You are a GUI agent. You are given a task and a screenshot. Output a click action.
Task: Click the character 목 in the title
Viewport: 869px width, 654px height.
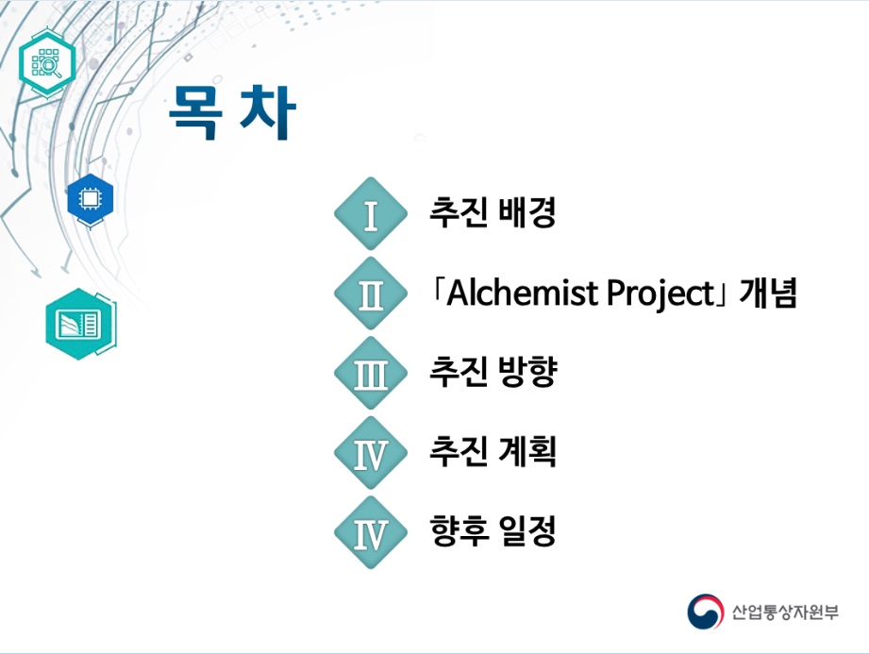click(195, 112)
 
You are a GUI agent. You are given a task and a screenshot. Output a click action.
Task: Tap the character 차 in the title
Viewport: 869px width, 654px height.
click(268, 112)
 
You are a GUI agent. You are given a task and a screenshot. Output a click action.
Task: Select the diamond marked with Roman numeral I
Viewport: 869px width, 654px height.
click(371, 213)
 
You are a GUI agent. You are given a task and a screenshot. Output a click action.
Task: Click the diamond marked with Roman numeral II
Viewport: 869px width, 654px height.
click(371, 293)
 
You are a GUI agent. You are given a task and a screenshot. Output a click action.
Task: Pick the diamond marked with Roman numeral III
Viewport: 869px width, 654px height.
click(371, 373)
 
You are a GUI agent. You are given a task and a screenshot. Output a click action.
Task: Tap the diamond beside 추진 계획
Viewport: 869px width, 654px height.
click(371, 453)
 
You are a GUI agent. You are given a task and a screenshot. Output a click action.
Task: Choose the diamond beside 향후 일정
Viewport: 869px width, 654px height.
click(371, 532)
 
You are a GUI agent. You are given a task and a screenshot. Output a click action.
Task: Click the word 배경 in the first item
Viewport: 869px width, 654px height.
click(527, 212)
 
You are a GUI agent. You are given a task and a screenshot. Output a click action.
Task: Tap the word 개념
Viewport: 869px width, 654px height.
click(768, 293)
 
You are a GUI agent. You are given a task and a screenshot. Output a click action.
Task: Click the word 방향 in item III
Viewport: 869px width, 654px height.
click(527, 371)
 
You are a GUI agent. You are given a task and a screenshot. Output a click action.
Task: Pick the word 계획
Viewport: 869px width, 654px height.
click(527, 452)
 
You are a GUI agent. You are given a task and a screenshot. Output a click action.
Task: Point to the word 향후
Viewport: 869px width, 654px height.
click(459, 531)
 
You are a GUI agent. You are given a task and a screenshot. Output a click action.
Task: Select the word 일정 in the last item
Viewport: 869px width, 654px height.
click(527, 531)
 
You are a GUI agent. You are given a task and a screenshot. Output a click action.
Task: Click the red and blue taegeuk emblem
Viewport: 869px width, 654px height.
click(706, 612)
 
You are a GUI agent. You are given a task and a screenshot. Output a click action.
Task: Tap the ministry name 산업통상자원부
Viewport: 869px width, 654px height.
click(785, 612)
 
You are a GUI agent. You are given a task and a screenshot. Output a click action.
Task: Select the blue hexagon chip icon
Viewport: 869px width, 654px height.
click(91, 199)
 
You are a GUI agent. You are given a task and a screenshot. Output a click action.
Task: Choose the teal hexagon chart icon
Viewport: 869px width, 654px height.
click(81, 324)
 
